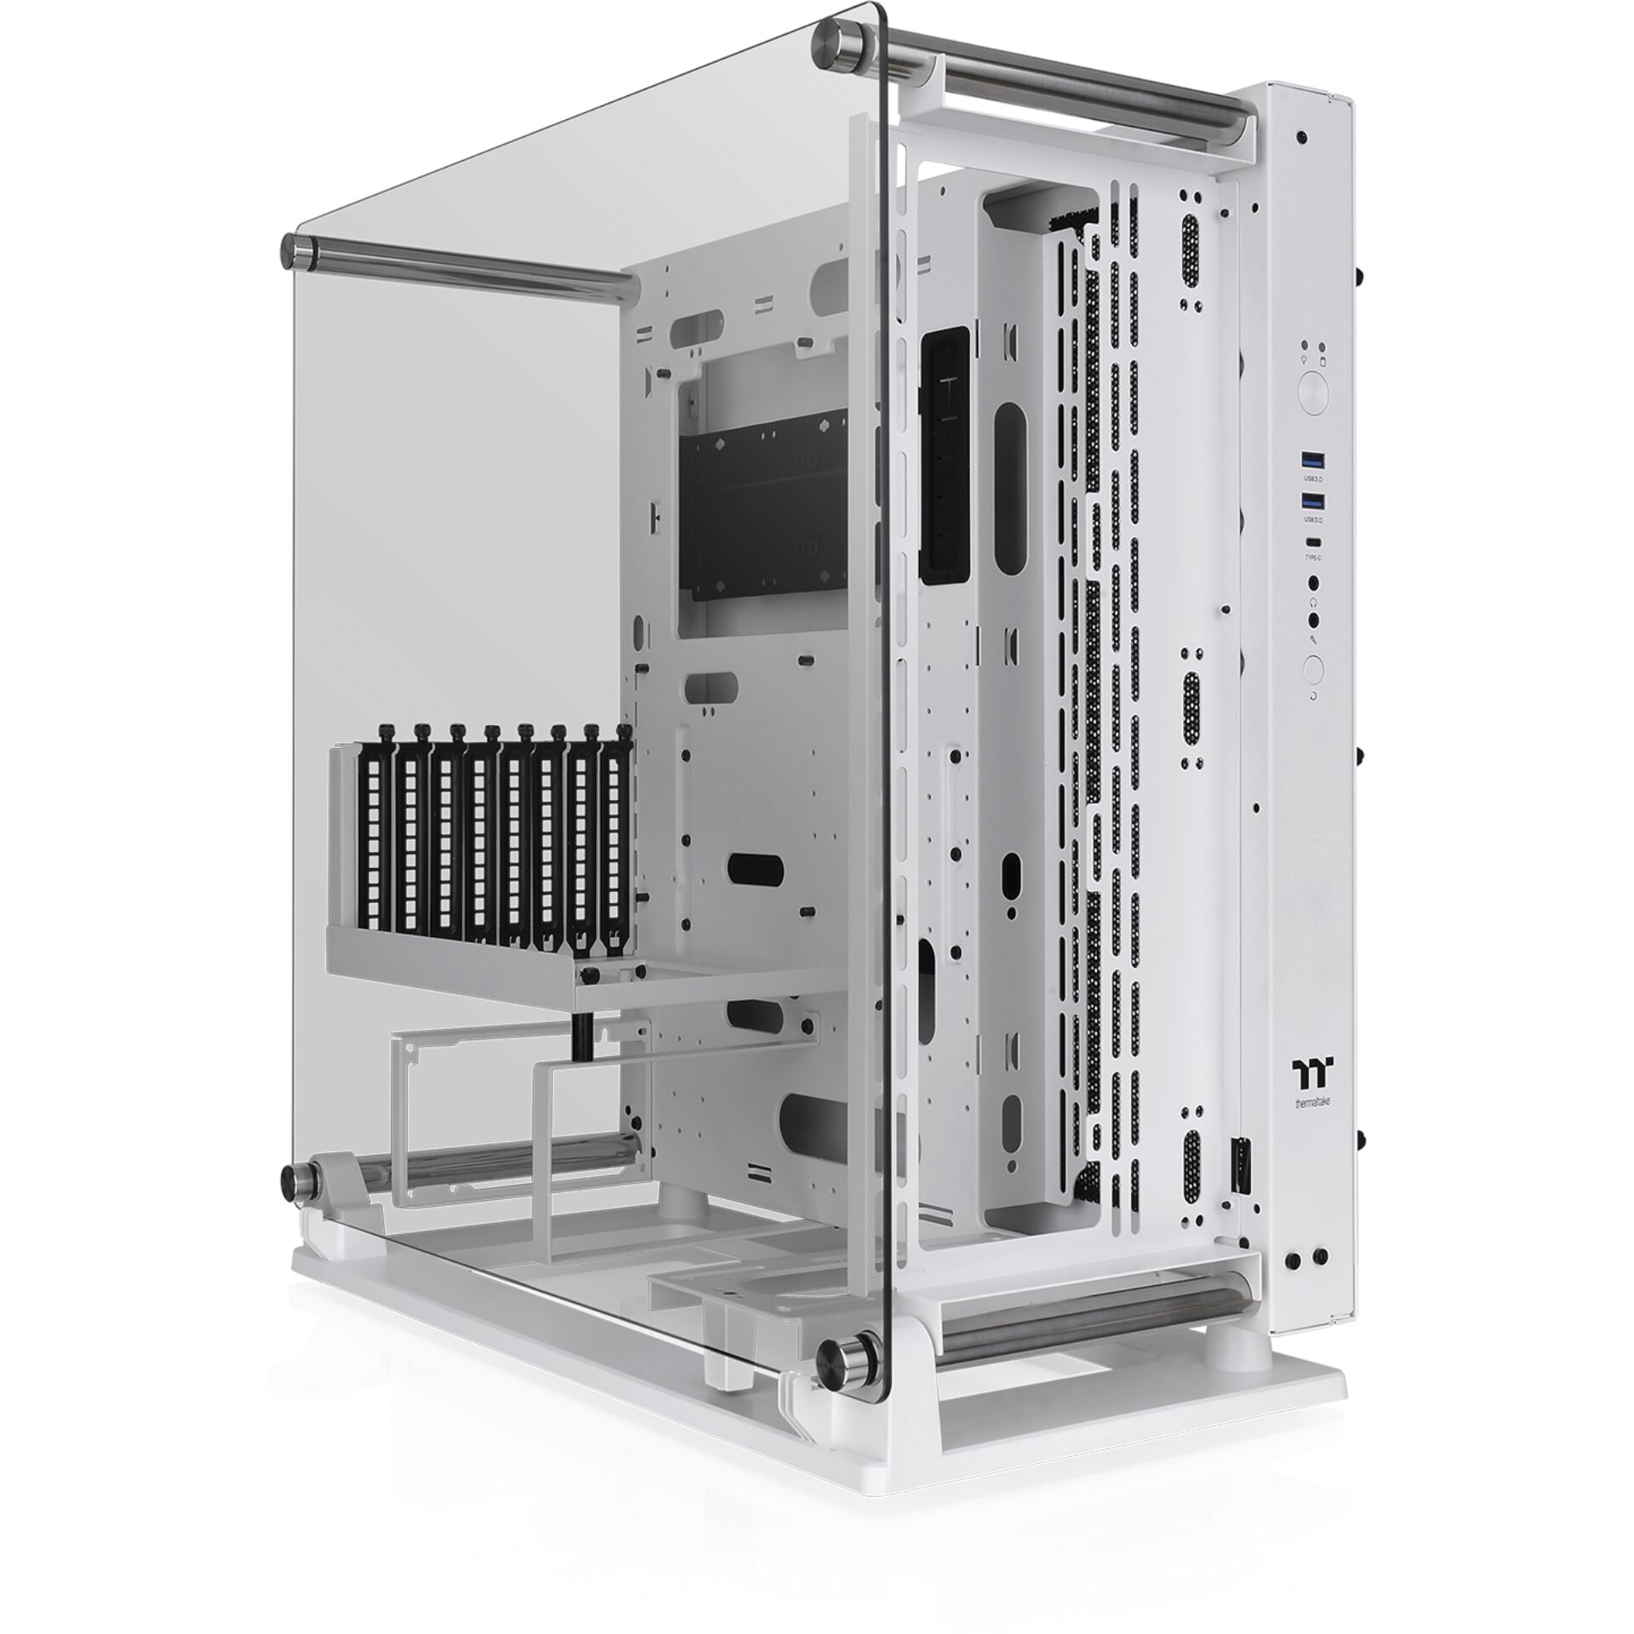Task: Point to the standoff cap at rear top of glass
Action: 297,250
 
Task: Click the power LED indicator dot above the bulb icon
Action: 1303,348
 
